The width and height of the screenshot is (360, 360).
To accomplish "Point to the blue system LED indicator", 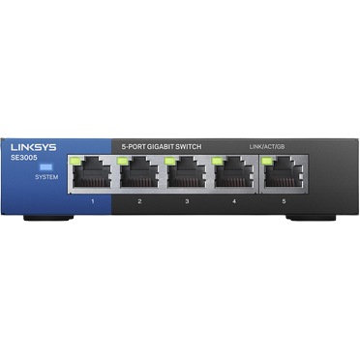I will pos(45,166).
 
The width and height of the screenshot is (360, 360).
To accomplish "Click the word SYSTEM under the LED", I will pos(45,178).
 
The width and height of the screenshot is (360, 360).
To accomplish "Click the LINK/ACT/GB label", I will pos(267,146).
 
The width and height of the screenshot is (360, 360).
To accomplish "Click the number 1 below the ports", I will pos(92,200).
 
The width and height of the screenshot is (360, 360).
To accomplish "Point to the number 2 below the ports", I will pos(139,200).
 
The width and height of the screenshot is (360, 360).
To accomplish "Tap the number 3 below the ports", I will pos(187,200).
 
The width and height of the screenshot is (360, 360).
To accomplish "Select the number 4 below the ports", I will pos(234,200).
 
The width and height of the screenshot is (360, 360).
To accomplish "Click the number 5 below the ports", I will pos(283,200).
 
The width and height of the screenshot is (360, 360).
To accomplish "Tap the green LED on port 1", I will pos(76,160).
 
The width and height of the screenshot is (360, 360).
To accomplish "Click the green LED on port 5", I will pos(267,160).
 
